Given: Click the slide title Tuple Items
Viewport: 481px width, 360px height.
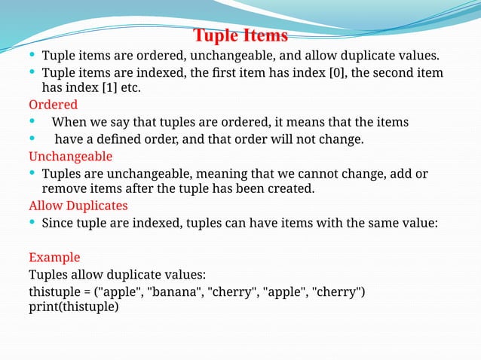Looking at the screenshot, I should pyautogui.click(x=240, y=35).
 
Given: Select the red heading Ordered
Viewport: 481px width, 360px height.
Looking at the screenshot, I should pyautogui.click(x=53, y=105).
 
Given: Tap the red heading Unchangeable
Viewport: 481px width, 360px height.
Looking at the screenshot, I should pyautogui.click(x=70, y=157).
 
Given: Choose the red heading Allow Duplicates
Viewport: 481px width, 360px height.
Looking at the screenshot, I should pyautogui.click(x=78, y=206).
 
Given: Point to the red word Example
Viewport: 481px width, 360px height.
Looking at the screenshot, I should pyautogui.click(x=54, y=257).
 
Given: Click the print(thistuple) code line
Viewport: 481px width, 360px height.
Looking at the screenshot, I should pyautogui.click(x=74, y=307).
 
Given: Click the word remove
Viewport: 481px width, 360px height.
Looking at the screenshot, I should pyautogui.click(x=64, y=189).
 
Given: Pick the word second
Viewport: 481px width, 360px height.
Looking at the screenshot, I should pyautogui.click(x=391, y=72).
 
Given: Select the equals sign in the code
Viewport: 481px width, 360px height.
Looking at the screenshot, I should pyautogui.click(x=90, y=291).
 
